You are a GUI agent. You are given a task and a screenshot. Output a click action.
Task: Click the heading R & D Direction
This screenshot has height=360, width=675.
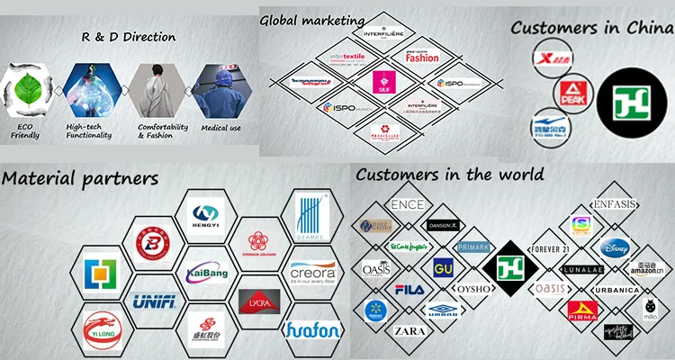[x=129, y=37]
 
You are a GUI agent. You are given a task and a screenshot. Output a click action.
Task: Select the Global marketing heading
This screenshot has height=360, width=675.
[x=313, y=19]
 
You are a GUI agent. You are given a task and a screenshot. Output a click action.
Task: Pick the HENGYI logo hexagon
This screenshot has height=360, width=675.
[x=206, y=216]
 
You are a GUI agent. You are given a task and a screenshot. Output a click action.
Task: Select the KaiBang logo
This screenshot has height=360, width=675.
[x=207, y=272]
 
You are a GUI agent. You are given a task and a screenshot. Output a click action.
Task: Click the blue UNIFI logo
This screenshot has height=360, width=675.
[x=153, y=301]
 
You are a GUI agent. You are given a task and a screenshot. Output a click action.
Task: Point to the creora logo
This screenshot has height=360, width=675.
[x=312, y=270]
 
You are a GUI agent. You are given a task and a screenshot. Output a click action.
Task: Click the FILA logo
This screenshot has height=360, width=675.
[x=409, y=290]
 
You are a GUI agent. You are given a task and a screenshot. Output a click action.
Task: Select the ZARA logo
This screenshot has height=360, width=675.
[x=409, y=331]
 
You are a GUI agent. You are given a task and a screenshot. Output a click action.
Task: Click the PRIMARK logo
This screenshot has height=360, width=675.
[x=472, y=247]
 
